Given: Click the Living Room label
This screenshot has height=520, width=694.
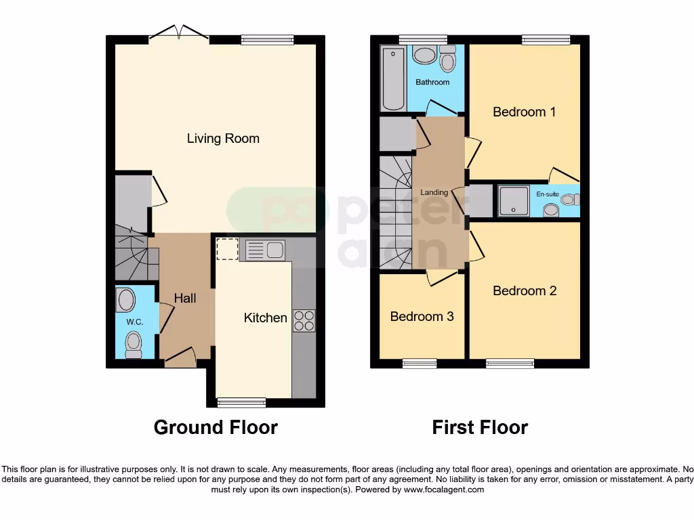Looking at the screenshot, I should coord(223,139).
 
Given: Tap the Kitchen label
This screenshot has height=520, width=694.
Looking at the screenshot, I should coord(265,318).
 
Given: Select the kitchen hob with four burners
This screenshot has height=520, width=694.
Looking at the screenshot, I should coord(304,320).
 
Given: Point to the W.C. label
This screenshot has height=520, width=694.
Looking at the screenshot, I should coord(134,322).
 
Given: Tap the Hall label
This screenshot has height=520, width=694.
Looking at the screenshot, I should coord(185,298).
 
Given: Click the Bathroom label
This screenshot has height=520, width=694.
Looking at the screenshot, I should coord(432,83).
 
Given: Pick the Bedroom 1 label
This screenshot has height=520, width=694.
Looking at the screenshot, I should coord(524,112).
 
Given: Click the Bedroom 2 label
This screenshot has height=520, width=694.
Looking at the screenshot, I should coord(525,290).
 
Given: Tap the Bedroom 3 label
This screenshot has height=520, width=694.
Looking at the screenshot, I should coord(422,316).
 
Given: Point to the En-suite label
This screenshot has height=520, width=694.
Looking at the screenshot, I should coord(547,194).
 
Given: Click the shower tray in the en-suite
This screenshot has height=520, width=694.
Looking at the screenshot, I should coord(516,200).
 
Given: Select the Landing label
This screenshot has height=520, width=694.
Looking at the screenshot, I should coord(434,192).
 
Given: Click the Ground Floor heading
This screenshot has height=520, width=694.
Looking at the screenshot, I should coord(216,427).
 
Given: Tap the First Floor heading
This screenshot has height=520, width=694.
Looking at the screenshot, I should coord(480,427).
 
